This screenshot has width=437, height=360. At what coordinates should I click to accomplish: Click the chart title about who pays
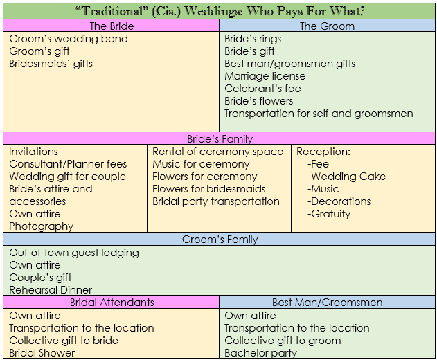click(x=220, y=11)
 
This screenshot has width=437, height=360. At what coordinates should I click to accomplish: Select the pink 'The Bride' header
click(x=112, y=26)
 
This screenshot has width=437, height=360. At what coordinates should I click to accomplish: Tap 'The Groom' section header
click(x=327, y=26)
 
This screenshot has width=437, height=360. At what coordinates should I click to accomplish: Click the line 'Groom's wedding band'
click(x=69, y=39)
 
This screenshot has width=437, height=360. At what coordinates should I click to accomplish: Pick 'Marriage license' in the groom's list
click(x=265, y=75)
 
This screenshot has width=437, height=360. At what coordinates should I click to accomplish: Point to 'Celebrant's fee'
click(x=262, y=89)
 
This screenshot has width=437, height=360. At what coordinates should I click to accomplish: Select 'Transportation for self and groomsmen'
click(x=319, y=114)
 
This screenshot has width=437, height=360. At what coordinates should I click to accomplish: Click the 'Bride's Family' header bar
click(x=220, y=138)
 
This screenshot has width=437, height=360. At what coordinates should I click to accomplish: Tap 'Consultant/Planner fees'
click(x=68, y=164)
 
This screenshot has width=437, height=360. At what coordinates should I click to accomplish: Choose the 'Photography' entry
click(x=42, y=226)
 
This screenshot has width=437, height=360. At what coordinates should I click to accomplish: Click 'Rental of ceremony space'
click(x=217, y=152)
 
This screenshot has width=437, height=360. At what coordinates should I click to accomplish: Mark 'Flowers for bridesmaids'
click(x=209, y=189)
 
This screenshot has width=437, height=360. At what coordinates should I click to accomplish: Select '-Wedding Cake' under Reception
click(x=346, y=177)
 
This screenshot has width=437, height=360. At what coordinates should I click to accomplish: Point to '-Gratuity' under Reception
click(x=329, y=214)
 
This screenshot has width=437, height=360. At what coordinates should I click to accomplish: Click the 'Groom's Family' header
click(x=220, y=239)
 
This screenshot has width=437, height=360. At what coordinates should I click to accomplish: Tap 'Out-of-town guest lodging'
click(x=74, y=253)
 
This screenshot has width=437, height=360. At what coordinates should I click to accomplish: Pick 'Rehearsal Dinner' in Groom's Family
click(x=51, y=290)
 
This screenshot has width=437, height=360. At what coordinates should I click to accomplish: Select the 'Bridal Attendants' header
click(x=112, y=303)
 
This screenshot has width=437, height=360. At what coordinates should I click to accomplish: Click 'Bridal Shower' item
click(x=42, y=353)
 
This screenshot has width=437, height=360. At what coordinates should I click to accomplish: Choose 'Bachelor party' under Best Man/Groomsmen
click(x=260, y=353)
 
